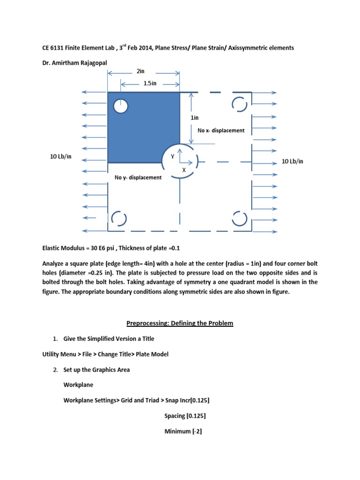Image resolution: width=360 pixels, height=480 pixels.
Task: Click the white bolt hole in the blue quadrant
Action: tap(121, 107)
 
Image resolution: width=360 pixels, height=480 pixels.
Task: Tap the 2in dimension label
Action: tap(141, 71)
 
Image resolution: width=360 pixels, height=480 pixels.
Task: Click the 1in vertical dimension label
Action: tap(195, 118)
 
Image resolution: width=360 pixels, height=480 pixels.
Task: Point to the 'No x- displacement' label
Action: tap(221, 130)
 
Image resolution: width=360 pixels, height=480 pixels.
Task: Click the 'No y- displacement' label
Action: tap(138, 177)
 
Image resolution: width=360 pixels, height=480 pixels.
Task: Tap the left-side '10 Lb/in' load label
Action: tap(61, 156)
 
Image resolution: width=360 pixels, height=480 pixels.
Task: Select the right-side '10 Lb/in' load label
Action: tap(292, 161)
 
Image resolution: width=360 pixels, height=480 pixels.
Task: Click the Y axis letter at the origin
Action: tap(172, 157)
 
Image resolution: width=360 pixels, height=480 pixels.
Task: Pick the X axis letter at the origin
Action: tap(184, 171)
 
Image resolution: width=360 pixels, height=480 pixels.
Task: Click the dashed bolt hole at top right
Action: tap(239, 105)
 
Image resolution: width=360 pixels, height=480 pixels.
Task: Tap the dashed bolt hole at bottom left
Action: tap(119, 219)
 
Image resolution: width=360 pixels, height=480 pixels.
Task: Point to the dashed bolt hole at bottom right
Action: tap(239, 219)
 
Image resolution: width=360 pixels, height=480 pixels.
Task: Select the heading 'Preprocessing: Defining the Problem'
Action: tap(180, 323)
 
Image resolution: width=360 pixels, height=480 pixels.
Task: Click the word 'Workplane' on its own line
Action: tap(78, 385)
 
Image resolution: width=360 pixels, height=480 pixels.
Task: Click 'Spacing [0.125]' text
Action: tap(185, 415)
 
